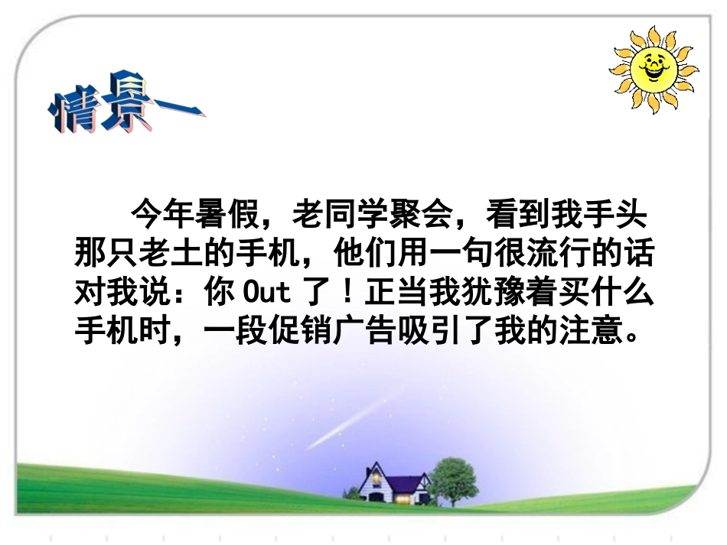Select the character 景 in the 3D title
pos(123,101)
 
